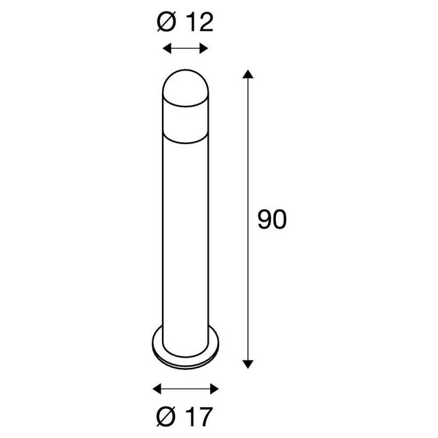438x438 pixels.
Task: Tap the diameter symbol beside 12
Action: point(166,24)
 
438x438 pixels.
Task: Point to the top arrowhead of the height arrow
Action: point(249,74)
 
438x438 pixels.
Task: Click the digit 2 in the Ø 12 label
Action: point(205,24)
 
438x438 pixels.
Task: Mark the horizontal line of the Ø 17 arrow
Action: point(186,389)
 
